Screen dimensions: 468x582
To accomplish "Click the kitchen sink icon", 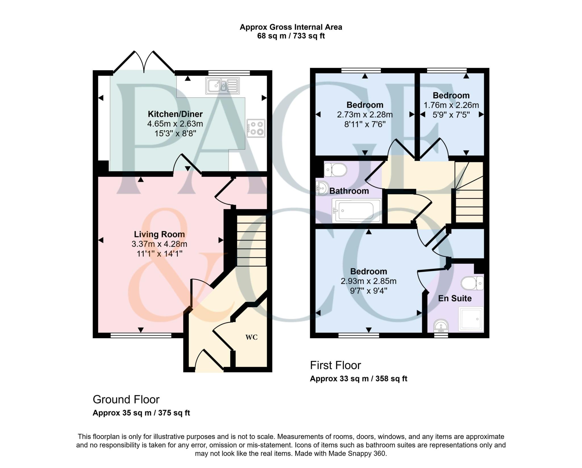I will [x=222, y=85].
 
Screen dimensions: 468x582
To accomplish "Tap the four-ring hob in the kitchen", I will [x=256, y=128].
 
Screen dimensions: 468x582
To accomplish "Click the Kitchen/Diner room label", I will [x=175, y=114].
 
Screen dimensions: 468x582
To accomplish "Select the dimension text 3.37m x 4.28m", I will [x=159, y=244].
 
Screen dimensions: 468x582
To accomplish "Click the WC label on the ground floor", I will [x=251, y=337].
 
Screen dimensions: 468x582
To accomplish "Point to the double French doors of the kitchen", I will [x=144, y=63].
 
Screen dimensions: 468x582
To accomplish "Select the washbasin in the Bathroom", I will [x=322, y=189].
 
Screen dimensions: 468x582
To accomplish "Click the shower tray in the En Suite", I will [x=471, y=319].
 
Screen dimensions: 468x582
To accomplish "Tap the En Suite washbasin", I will [x=441, y=326].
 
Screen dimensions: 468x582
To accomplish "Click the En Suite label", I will [x=455, y=298].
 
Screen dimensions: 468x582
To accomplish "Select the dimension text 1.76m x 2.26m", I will [x=451, y=105].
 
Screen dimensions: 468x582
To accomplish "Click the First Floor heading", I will [x=335, y=365].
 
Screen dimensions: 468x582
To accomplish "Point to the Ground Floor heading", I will [x=126, y=399].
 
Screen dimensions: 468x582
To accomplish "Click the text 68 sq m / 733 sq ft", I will [x=291, y=36].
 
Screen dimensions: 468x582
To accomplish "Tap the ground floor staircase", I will [x=251, y=241].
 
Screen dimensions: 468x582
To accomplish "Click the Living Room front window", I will [x=141, y=336].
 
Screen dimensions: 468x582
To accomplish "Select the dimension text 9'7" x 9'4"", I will [x=368, y=291].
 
